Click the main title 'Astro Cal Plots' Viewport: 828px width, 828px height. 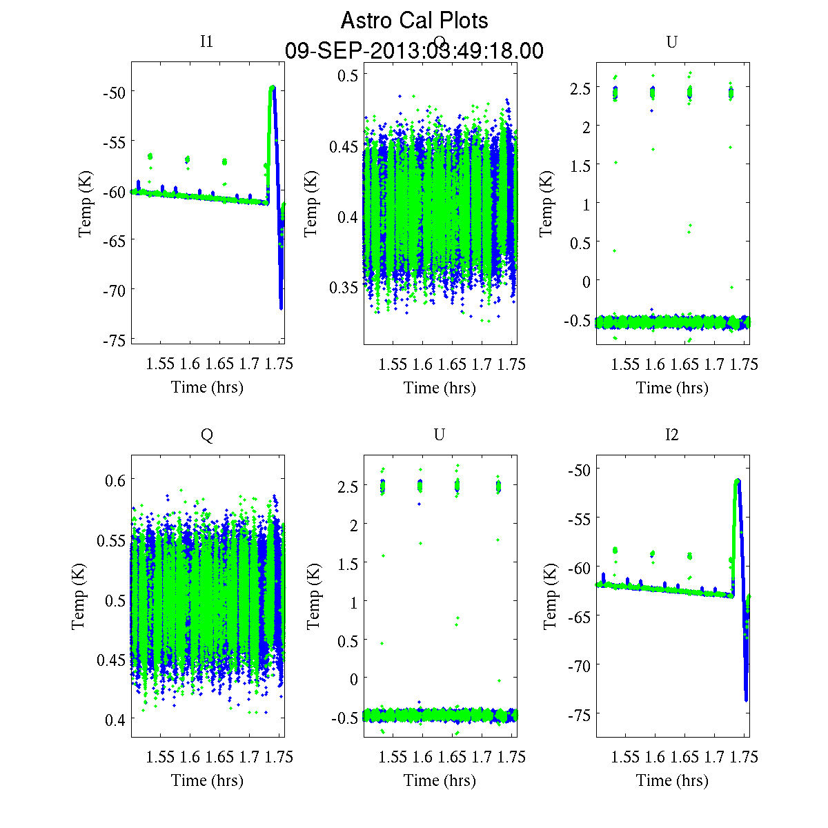(414, 21)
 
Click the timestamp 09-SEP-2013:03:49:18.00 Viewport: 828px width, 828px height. (414, 51)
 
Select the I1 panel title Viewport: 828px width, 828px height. (206, 41)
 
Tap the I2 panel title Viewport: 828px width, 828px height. (671, 435)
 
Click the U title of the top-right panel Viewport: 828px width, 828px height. (671, 42)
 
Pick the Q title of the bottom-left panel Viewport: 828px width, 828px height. (206, 435)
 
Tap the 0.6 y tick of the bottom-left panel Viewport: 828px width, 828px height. (115, 480)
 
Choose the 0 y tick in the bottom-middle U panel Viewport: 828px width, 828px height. (354, 679)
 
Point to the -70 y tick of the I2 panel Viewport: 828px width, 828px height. (578, 665)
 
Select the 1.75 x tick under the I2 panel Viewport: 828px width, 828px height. (745, 757)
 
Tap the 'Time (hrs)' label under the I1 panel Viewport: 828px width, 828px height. (207, 387)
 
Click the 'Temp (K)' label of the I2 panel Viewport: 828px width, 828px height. (550, 596)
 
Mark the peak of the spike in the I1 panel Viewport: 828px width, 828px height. (273, 88)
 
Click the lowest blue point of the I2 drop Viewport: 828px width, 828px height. (747, 700)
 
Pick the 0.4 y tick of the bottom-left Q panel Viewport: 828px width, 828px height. (115, 720)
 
